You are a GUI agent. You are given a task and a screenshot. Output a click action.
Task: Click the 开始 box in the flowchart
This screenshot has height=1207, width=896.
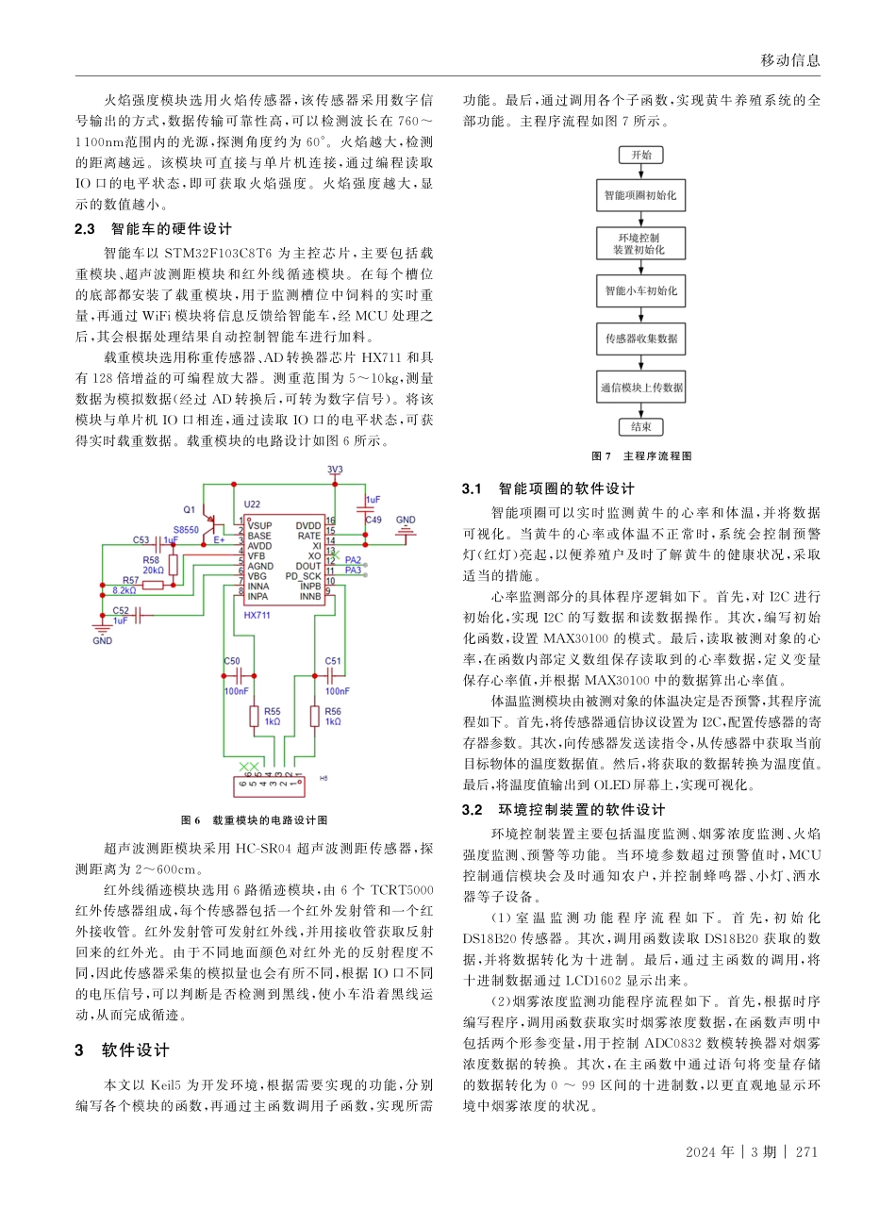pos(641,156)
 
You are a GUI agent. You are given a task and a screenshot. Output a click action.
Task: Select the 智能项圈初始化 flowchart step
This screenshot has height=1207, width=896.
pos(641,198)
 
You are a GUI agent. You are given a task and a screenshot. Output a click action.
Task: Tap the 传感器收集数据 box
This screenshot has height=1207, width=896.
pos(641,338)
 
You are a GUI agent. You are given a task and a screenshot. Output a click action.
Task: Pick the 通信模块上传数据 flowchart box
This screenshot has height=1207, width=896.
pos(641,387)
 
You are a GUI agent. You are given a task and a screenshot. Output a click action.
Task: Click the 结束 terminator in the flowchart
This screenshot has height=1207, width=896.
pos(641,427)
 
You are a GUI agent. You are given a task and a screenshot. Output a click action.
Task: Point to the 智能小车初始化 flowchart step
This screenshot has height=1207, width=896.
pos(641,291)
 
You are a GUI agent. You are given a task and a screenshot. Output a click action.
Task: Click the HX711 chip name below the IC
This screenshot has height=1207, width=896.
pos(258,614)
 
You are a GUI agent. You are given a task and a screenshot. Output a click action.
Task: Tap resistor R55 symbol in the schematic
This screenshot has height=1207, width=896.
pos(254,717)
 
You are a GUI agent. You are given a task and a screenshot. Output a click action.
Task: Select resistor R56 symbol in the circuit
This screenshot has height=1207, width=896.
pos(314,717)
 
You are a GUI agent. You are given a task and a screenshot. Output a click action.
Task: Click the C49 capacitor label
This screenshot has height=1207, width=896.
pos(373,520)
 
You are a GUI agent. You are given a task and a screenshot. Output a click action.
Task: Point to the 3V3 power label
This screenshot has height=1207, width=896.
pos(335,470)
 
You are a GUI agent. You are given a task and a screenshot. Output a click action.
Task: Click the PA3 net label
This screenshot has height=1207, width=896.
pos(354,570)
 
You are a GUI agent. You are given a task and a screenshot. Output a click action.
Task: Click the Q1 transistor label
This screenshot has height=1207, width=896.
pos(189,508)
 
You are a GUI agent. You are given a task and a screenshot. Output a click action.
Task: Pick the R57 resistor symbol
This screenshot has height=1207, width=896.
pos(154,586)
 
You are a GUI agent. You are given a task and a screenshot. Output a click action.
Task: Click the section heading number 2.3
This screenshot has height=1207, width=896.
pos(86,229)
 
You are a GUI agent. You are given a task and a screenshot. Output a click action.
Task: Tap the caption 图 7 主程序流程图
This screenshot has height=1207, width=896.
pos(641,456)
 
